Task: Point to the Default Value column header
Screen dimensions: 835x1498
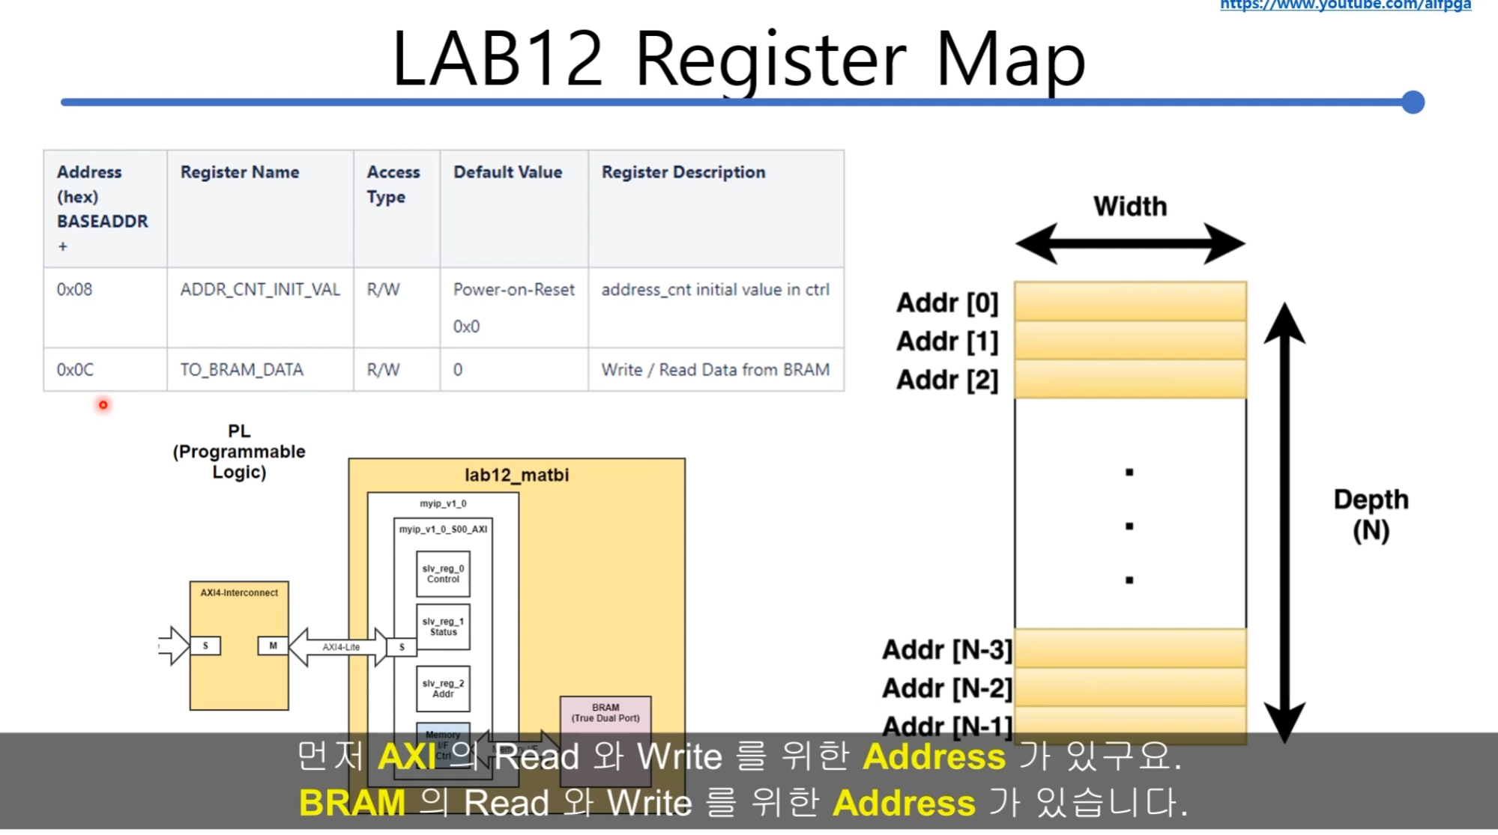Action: point(507,172)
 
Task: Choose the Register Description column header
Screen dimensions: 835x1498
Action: point(683,172)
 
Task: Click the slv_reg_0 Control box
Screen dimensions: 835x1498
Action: point(443,574)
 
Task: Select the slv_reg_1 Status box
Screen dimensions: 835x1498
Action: point(443,627)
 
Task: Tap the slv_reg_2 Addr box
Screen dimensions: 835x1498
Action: point(443,689)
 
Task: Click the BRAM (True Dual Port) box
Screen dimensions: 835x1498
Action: point(605,714)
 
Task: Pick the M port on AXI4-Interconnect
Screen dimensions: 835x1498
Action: point(273,646)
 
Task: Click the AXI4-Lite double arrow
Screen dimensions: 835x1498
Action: point(342,647)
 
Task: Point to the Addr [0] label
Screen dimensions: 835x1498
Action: point(947,303)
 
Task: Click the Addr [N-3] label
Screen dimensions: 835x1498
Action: point(947,650)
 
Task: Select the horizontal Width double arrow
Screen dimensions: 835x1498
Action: point(1130,243)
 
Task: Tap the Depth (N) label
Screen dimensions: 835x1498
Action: point(1371,514)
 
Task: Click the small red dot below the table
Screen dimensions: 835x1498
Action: point(103,405)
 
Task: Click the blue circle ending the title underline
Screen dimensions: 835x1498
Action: point(1413,102)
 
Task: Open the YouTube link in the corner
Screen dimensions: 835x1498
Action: point(1345,5)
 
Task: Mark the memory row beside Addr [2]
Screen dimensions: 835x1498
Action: point(1130,379)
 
